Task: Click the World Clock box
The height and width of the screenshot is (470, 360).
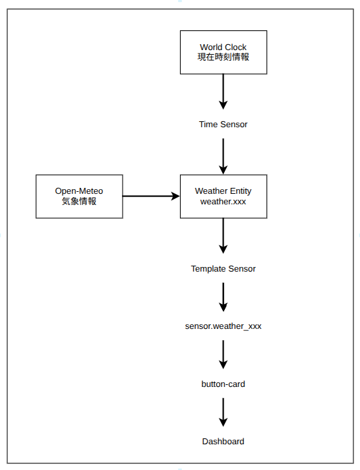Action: [x=224, y=52]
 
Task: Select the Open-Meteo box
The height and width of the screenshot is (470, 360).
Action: [x=79, y=196]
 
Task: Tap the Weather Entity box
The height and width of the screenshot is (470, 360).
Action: [x=224, y=196]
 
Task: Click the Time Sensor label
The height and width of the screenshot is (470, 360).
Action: [x=224, y=125]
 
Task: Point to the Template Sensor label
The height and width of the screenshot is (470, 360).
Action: [x=224, y=269]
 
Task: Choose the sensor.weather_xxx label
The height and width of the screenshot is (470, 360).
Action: [x=224, y=326]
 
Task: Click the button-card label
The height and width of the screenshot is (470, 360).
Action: [x=224, y=384]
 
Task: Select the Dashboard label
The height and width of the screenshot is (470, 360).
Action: [x=224, y=442]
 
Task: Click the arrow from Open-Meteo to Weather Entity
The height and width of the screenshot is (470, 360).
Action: [x=152, y=196]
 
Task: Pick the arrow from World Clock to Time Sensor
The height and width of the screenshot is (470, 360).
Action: [x=224, y=92]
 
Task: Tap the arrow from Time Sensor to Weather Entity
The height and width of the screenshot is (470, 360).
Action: [x=224, y=156]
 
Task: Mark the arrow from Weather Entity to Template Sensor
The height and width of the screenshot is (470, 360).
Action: [x=224, y=236]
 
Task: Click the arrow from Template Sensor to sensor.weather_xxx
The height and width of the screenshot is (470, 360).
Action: [x=224, y=297]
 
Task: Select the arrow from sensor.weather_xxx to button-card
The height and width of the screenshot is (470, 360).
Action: [x=224, y=355]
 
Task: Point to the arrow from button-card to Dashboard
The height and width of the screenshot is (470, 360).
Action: [x=224, y=413]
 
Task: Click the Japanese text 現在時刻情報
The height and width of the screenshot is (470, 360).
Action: [x=224, y=57]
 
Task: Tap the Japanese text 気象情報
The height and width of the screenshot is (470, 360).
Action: [x=79, y=201]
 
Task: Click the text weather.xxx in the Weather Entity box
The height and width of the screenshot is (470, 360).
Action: [x=224, y=202]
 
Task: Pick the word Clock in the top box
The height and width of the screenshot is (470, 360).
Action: [x=235, y=47]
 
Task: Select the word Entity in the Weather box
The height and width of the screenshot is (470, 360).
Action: [x=241, y=191]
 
